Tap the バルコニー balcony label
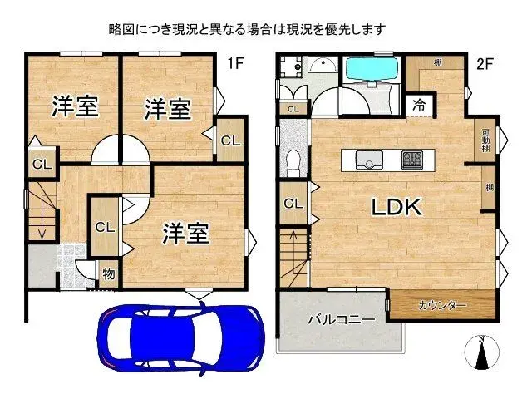coord(341,318)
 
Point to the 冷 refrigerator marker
coord(419,105)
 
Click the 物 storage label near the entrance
coord(108,274)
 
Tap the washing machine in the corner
coord(290,66)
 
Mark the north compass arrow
coord(481,353)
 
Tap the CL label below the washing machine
coord(293,109)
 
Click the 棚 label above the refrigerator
coord(437,63)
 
